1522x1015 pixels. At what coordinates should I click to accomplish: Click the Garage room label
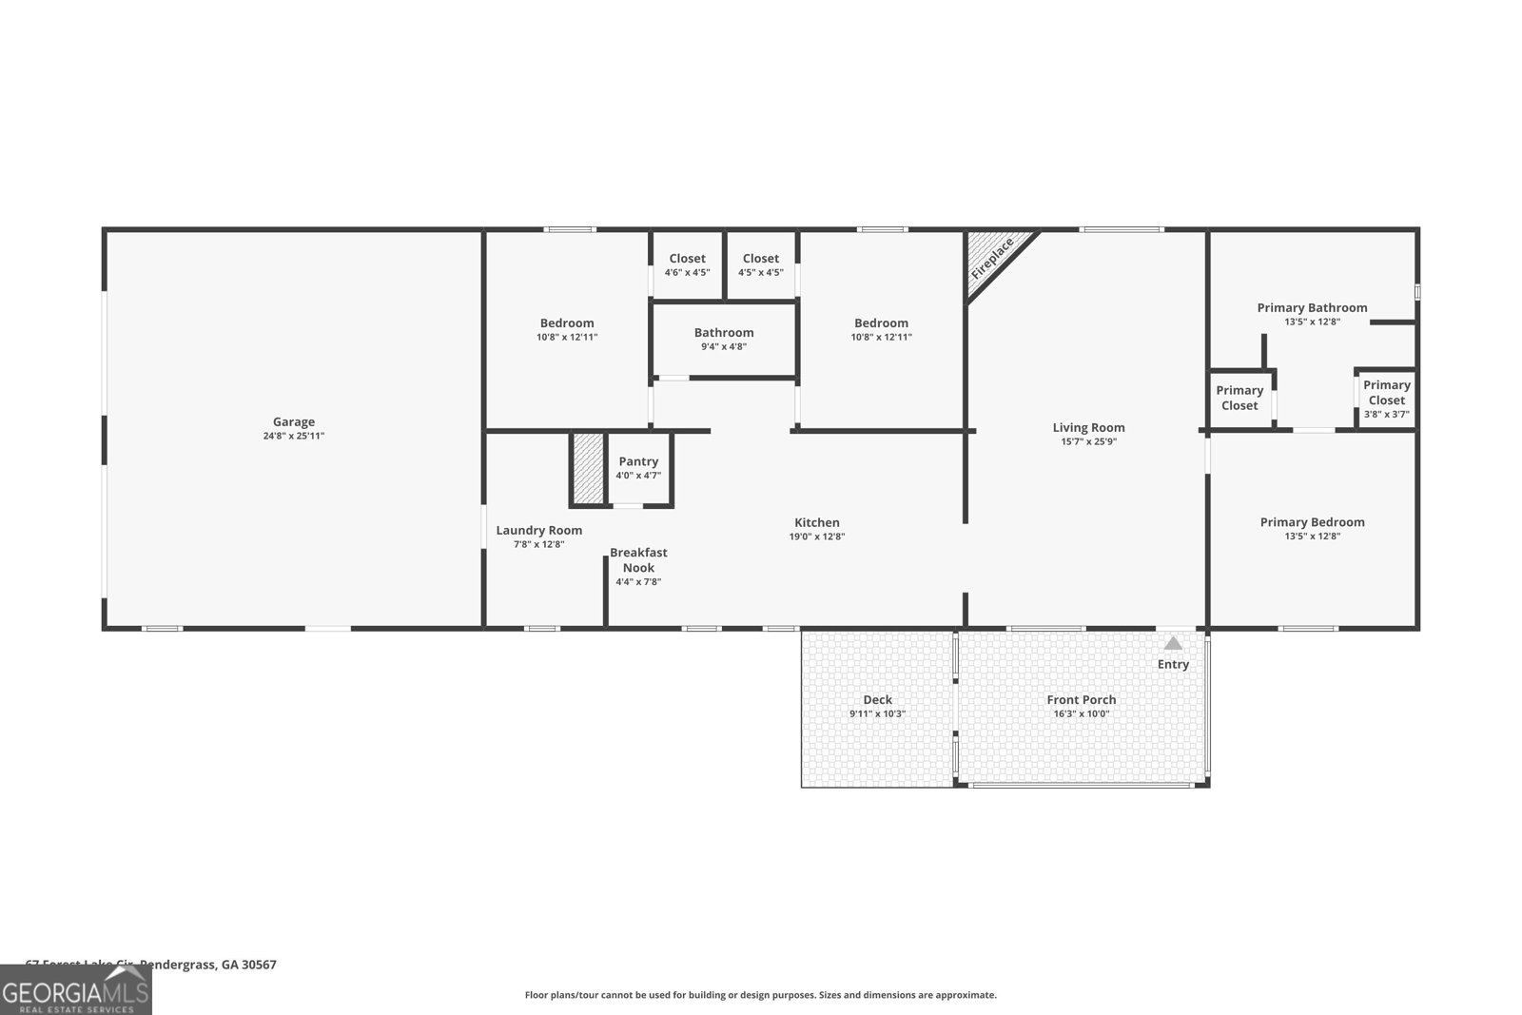(x=293, y=421)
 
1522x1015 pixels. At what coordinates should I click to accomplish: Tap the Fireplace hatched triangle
(x=991, y=258)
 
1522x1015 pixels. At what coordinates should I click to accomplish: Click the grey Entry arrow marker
(x=1173, y=644)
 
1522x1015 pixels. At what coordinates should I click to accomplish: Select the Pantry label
(x=638, y=461)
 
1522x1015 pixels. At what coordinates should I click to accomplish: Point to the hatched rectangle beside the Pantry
(x=588, y=469)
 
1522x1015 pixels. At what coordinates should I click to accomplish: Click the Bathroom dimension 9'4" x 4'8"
(x=723, y=346)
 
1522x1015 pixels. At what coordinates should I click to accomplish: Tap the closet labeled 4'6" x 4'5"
(x=687, y=264)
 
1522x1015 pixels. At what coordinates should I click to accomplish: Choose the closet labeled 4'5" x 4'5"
(x=760, y=264)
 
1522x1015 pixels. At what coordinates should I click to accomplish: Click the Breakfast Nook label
(x=638, y=559)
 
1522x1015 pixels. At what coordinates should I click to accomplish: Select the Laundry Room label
(x=538, y=531)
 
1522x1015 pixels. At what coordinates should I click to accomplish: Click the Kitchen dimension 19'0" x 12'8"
(x=816, y=537)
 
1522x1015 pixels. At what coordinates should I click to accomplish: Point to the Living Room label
(x=1088, y=428)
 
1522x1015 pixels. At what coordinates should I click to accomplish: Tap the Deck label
(x=877, y=700)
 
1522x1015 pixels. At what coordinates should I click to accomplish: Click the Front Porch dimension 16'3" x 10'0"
(x=1081, y=713)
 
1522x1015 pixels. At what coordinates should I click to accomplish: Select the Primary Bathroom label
(x=1312, y=307)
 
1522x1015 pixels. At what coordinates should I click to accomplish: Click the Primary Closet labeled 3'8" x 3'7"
(x=1386, y=399)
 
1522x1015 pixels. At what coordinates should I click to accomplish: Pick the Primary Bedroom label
(x=1312, y=522)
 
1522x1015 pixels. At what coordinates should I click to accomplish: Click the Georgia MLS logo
(x=76, y=991)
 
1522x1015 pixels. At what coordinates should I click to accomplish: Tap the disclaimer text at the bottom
(x=760, y=995)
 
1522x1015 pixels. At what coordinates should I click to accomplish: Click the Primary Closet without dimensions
(x=1239, y=398)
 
